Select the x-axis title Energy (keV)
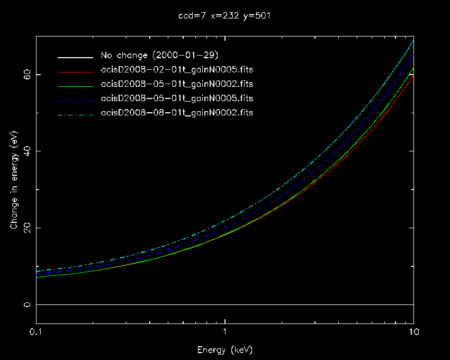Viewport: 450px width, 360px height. (x=225, y=350)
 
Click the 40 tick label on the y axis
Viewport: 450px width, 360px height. (x=26, y=151)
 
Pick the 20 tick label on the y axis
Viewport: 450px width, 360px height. (x=26, y=228)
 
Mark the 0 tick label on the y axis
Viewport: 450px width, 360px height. (x=29, y=304)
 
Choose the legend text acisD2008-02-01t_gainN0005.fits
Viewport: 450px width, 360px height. (x=177, y=70)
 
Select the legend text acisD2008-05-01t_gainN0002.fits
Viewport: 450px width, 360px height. (x=177, y=84)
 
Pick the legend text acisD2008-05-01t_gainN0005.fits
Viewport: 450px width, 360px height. (x=177, y=98)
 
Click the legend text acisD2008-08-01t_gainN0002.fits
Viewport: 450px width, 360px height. (x=177, y=113)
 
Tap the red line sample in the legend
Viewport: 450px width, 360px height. (x=76, y=70)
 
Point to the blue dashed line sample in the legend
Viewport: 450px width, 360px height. (x=76, y=98)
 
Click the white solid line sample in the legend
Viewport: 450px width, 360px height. (x=76, y=56)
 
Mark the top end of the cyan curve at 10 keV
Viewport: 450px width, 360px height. (x=413, y=41)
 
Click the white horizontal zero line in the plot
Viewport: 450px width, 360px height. (x=225, y=304)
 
